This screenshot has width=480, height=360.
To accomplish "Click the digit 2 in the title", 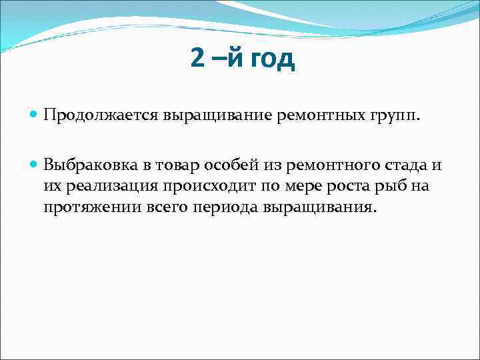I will [197, 59].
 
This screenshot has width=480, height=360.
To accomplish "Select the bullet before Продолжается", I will [34, 115].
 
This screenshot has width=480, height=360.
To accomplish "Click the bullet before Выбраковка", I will [34, 165].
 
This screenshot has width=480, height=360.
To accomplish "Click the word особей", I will [232, 165].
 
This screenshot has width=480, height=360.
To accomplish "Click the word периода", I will [219, 207].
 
